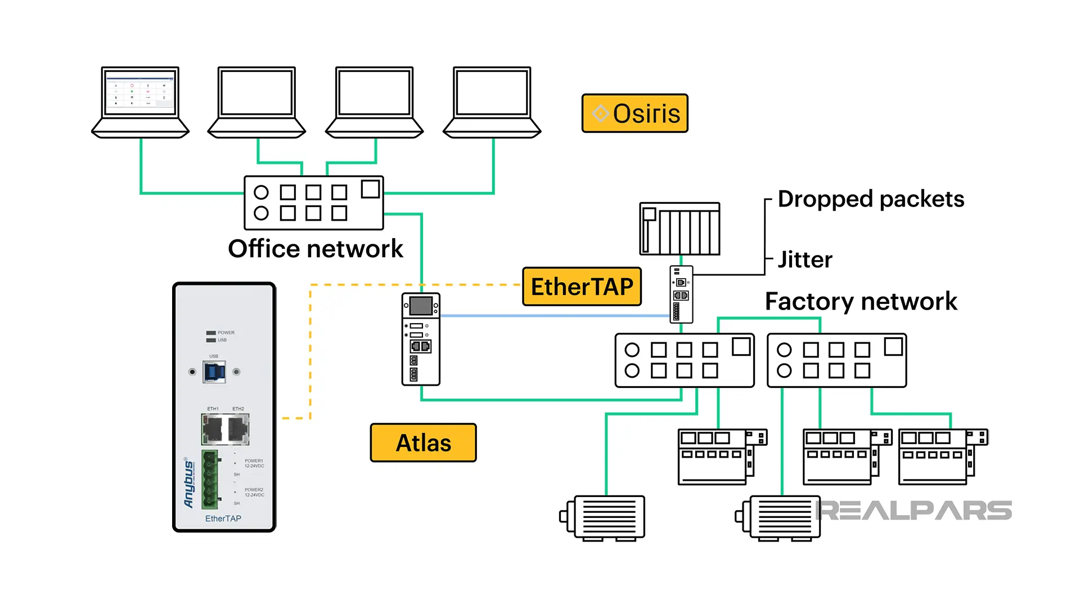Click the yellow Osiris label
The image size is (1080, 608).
tap(634, 113)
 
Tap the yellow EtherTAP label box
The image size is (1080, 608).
tap(582, 287)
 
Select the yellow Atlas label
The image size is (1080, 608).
tap(423, 443)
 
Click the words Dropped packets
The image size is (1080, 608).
tap(870, 199)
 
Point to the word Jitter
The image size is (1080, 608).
tap(804, 260)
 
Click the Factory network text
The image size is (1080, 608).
tap(861, 301)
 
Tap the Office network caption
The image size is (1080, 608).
tap(315, 249)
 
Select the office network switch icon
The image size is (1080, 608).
tap(313, 203)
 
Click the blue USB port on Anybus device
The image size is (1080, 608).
tap(214, 372)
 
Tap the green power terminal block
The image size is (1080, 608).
tap(209, 479)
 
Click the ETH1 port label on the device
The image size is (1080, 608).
tap(213, 409)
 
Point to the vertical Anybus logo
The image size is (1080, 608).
tap(189, 483)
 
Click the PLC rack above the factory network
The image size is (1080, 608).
tap(679, 229)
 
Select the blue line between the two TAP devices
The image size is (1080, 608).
tap(554, 316)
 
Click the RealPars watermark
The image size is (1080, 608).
tap(914, 511)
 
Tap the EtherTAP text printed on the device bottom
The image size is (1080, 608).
tap(223, 518)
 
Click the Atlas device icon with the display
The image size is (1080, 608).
tap(421, 338)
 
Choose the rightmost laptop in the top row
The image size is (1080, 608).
tap(492, 102)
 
